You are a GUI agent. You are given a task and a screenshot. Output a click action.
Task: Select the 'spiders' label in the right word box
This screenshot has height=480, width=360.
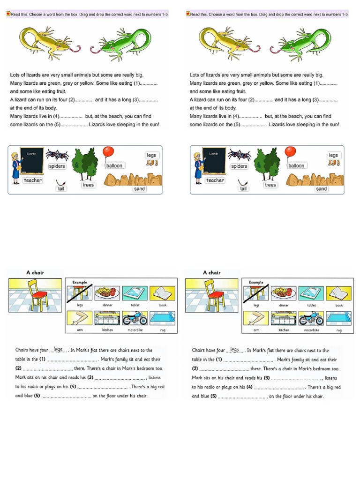pyautogui.click(x=239, y=166)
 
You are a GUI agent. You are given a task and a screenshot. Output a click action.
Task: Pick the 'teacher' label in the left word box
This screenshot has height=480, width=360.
pyautogui.click(x=33, y=180)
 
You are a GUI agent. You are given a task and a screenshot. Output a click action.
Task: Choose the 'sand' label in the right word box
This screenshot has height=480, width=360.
pyautogui.click(x=322, y=189)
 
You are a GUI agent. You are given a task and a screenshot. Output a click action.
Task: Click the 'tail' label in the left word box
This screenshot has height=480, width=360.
pyautogui.click(x=61, y=189)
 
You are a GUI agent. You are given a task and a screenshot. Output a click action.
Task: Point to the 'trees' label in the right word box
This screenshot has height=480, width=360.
pyautogui.click(x=270, y=185)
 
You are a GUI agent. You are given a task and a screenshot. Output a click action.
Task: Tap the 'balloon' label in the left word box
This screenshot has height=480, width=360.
pyautogui.click(x=114, y=165)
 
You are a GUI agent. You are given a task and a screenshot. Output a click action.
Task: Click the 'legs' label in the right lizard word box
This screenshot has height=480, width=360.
pyautogui.click(x=333, y=155)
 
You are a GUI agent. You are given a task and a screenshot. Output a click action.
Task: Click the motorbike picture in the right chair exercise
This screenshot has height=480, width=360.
pyautogui.click(x=311, y=319)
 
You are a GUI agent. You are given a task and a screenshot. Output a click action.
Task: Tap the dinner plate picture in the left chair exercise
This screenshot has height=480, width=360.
pyautogui.click(x=107, y=293)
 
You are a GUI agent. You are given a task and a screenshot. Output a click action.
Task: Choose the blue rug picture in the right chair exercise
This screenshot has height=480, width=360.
pyautogui.click(x=339, y=318)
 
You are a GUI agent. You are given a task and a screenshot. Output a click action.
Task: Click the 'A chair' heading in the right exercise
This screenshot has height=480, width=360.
pyautogui.click(x=211, y=272)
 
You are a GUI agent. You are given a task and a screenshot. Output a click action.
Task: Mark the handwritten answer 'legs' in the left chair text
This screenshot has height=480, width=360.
pyautogui.click(x=58, y=349)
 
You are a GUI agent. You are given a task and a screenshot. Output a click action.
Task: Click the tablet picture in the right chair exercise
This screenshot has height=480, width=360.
pyautogui.click(x=311, y=293)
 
